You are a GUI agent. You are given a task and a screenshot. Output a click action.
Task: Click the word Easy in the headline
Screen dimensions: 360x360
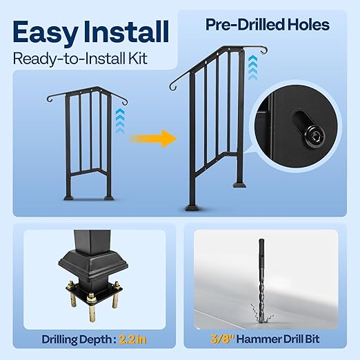click(x=46, y=32)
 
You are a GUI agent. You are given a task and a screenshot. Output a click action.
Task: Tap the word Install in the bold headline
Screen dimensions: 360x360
click(x=126, y=32)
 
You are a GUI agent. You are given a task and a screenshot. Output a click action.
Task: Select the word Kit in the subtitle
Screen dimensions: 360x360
click(x=137, y=59)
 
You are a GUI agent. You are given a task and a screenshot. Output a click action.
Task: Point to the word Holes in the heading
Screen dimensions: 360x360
click(x=309, y=25)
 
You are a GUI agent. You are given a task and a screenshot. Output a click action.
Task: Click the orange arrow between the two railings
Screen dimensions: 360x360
click(x=153, y=139)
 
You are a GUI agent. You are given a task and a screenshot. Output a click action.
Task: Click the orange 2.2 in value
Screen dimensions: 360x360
click(x=132, y=339)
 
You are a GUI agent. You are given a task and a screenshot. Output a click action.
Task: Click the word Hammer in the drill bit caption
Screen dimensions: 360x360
click(x=259, y=339)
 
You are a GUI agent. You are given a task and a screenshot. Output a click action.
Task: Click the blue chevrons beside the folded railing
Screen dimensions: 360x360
click(x=120, y=121)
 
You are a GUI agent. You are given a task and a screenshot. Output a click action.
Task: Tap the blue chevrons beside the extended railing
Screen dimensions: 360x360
click(x=253, y=68)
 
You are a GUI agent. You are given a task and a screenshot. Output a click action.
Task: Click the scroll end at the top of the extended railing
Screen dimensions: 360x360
click(x=263, y=50)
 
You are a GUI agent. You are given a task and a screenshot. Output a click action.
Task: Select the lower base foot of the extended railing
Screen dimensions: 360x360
click(x=192, y=208)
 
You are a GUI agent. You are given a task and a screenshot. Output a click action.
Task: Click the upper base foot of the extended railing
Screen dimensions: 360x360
click(x=239, y=185)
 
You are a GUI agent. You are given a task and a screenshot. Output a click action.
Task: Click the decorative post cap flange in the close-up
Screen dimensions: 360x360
click(x=93, y=263)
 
